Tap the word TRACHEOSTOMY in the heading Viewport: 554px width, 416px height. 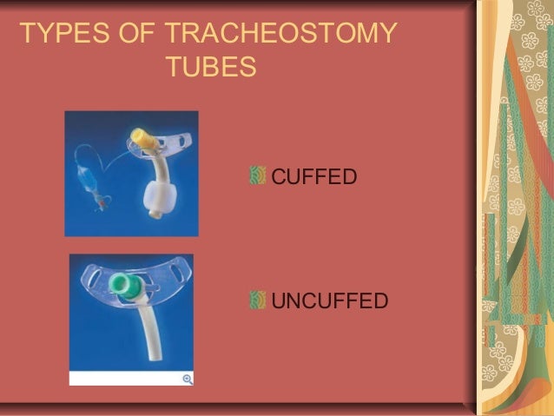click(280, 35)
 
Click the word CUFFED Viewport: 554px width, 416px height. click(314, 177)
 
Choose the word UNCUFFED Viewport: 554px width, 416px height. click(329, 300)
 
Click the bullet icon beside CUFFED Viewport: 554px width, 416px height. click(257, 176)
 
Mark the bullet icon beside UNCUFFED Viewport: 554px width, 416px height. click(257, 300)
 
